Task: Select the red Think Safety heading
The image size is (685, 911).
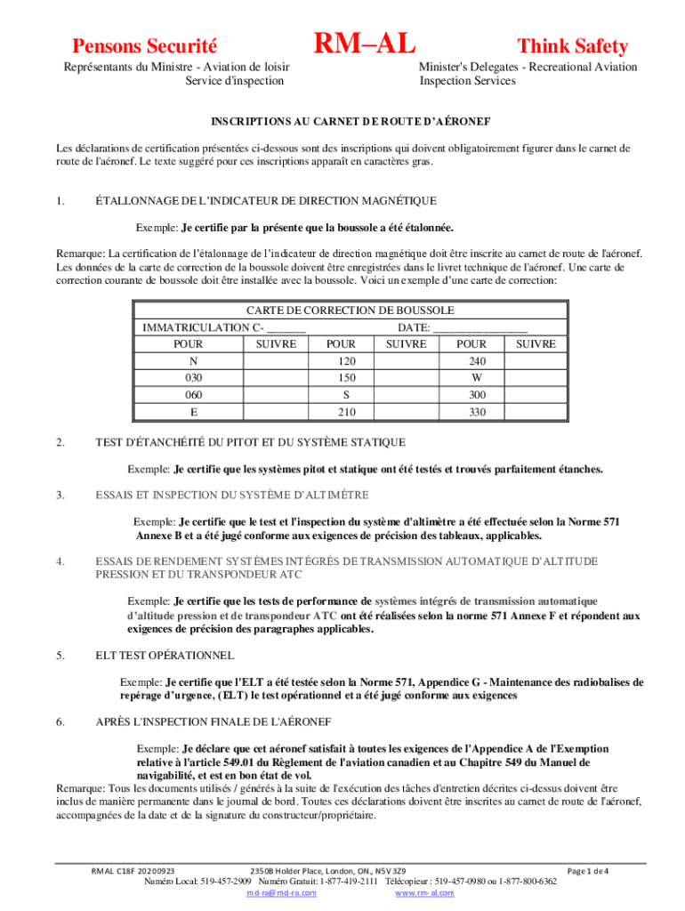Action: coord(572,46)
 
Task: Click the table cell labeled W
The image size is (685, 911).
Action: coord(478,377)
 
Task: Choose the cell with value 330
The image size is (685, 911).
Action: coord(478,411)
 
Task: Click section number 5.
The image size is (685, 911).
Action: coord(60,655)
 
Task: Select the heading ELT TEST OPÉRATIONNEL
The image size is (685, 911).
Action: coord(165,655)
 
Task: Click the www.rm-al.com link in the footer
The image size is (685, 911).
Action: coord(424,892)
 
